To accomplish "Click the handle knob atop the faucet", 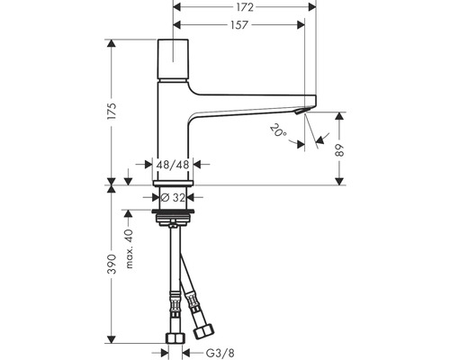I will pos(170,60).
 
